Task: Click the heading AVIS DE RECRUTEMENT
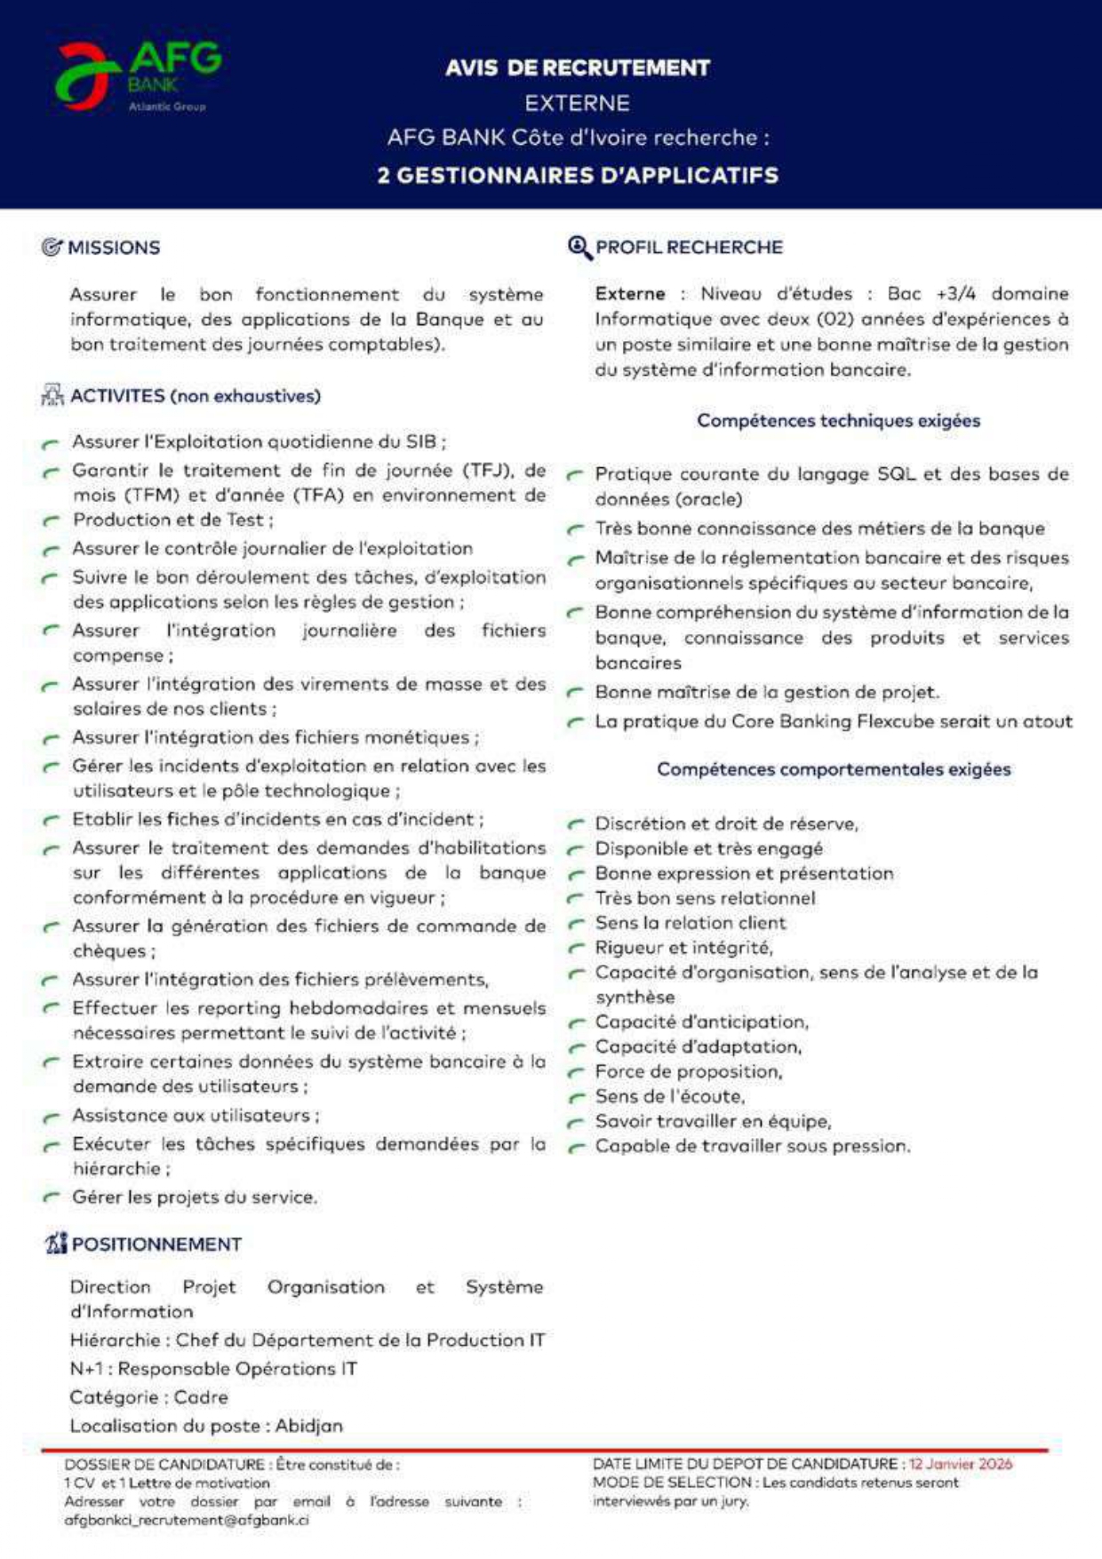tap(578, 68)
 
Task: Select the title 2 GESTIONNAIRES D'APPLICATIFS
tap(578, 175)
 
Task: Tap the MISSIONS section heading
tap(114, 248)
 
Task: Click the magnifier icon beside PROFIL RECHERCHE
tap(579, 247)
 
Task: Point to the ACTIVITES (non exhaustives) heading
tap(196, 396)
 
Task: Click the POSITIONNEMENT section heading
tap(156, 1245)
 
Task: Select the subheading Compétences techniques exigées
tap(838, 421)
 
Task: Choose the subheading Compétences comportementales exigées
tap(834, 769)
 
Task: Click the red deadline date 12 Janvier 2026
tap(960, 1464)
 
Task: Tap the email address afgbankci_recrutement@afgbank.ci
tap(187, 1520)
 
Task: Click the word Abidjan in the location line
tap(308, 1426)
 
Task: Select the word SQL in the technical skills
tap(896, 474)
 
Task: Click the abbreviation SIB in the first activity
tap(421, 441)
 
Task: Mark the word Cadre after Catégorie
tap(201, 1397)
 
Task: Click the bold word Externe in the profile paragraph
tap(630, 294)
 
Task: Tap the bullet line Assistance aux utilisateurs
tap(196, 1116)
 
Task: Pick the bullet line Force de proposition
tap(689, 1072)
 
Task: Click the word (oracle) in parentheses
tap(708, 499)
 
